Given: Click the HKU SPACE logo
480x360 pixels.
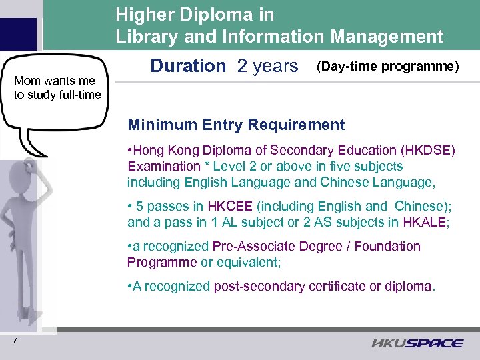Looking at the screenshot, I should tap(417, 343).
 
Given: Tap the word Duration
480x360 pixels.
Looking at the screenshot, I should tap(188, 66).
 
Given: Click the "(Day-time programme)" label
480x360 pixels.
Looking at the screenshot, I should tap(388, 66).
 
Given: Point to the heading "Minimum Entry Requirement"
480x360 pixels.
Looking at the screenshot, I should tap(236, 125).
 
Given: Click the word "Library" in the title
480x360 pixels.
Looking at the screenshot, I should tap(146, 37).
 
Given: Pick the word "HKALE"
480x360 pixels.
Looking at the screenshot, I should tap(429, 223).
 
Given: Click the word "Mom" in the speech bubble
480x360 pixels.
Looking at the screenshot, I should tap(27, 81).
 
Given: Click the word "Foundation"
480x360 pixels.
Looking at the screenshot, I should tap(388, 247).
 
